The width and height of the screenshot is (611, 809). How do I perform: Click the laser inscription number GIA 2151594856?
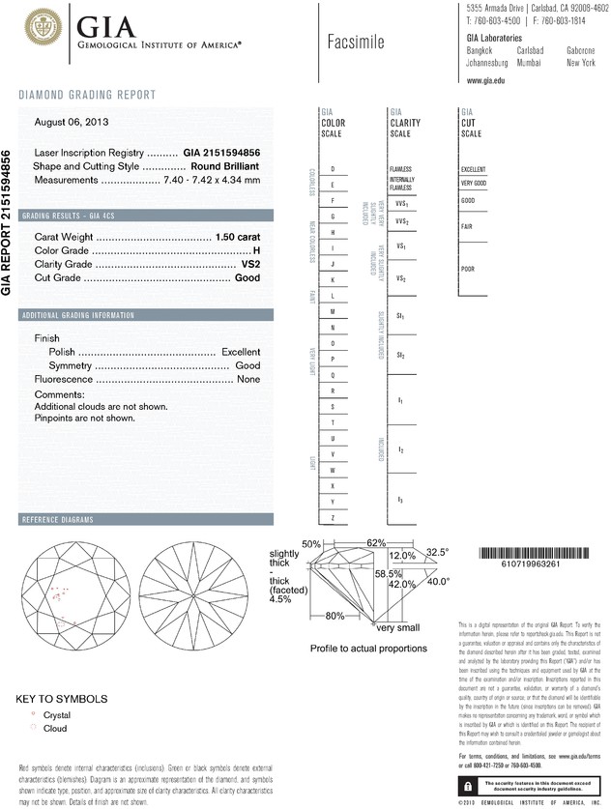click(x=221, y=154)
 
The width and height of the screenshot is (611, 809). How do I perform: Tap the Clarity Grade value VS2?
click(x=249, y=264)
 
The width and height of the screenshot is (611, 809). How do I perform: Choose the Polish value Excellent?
click(x=241, y=353)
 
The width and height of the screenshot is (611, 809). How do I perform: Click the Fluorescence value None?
click(x=248, y=380)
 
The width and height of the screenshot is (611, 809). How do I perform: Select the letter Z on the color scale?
click(x=333, y=519)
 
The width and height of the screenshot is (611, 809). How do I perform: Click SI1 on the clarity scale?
click(x=400, y=316)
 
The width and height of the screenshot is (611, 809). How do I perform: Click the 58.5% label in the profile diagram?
click(x=388, y=574)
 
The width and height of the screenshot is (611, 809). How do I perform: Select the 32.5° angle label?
click(x=438, y=552)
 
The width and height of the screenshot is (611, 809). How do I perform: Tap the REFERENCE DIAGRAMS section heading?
click(x=58, y=521)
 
